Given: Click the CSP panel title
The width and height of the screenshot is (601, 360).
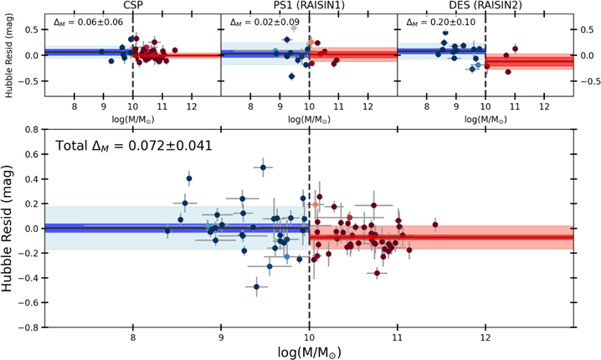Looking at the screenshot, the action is pyautogui.click(x=132, y=5).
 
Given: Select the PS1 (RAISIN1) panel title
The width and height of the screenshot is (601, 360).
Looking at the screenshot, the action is pyautogui.click(x=309, y=5).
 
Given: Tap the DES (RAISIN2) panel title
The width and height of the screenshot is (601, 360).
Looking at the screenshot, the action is pyautogui.click(x=485, y=5).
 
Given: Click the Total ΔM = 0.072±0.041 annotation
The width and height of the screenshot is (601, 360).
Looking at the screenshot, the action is pyautogui.click(x=134, y=146).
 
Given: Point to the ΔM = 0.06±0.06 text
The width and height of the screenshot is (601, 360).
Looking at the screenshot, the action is pyautogui.click(x=88, y=23).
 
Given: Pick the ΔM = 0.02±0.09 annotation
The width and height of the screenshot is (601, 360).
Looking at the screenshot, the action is pyautogui.click(x=265, y=23).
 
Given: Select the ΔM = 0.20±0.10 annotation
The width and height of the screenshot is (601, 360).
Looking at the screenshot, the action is pyautogui.click(x=441, y=23).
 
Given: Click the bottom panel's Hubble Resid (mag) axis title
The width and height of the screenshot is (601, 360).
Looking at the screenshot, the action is pyautogui.click(x=8, y=228).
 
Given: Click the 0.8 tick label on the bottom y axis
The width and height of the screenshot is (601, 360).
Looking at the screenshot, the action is pyautogui.click(x=32, y=130).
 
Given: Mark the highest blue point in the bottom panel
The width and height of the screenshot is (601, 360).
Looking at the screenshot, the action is pyautogui.click(x=263, y=167).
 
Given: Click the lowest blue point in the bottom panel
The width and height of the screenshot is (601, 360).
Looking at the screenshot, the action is pyautogui.click(x=256, y=287).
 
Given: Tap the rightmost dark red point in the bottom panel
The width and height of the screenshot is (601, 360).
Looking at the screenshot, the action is pyautogui.click(x=435, y=224).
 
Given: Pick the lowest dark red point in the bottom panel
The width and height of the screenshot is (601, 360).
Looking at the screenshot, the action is pyautogui.click(x=377, y=273).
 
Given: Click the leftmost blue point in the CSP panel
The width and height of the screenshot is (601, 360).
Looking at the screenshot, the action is pyautogui.click(x=101, y=51).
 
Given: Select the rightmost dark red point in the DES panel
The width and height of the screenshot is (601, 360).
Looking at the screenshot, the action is pyautogui.click(x=515, y=49).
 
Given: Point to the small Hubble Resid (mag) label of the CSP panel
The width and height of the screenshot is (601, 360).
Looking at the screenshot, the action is pyautogui.click(x=9, y=55).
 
